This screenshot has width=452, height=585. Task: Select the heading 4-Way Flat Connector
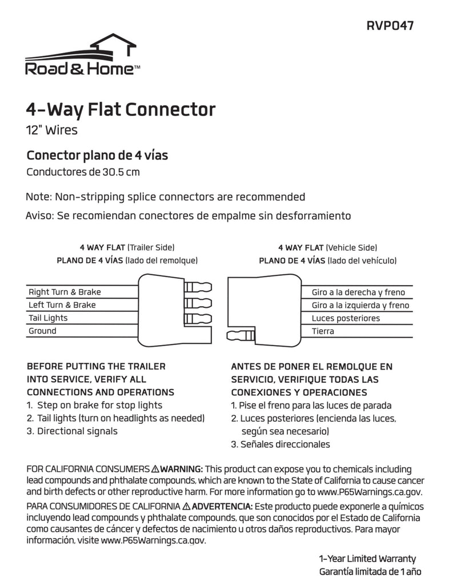coord(121,109)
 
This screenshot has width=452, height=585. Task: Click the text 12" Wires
coord(52,130)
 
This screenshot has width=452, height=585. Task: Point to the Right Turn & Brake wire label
coord(65,292)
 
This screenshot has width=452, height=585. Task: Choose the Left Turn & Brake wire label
coord(62,305)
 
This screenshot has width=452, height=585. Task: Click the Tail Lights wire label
coord(48,318)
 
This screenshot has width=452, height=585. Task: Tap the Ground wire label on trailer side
coord(42,331)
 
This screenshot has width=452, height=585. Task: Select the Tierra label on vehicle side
coord(323,331)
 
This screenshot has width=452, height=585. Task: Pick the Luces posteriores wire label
coord(346,318)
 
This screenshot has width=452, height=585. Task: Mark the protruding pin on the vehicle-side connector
coord(239,335)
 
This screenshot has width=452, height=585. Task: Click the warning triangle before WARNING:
coord(155,469)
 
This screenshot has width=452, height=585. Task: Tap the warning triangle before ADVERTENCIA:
coord(186,507)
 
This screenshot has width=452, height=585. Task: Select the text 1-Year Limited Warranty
coord(367,559)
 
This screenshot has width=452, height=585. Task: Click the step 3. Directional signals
coord(72,431)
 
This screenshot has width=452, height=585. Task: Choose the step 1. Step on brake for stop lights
coord(94,406)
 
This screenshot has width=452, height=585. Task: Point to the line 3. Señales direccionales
coord(280,444)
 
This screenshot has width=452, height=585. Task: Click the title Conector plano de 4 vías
coord(97,155)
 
